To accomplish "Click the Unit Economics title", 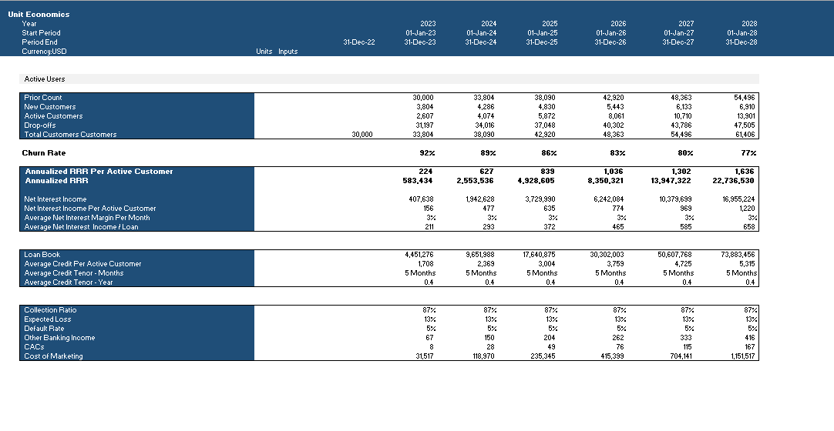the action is tap(39, 15).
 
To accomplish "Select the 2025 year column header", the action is tap(550, 23).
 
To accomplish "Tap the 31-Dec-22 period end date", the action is tap(359, 42).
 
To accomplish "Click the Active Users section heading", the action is tap(45, 79).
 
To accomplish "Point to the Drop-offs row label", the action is tap(40, 125).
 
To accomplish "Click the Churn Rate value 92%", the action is tap(427, 153).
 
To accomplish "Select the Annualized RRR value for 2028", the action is tap(733, 180).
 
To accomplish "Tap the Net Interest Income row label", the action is tap(55, 199).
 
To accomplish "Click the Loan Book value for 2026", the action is tap(607, 255).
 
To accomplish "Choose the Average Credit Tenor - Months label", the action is tap(74, 272).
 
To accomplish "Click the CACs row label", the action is tap(34, 347).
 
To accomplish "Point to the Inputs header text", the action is tap(288, 52).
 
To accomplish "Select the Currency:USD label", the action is tap(44, 52).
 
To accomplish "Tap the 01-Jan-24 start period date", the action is tap(481, 33).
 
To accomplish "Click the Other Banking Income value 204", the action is tap(550, 338).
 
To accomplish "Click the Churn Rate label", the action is tap(44, 153).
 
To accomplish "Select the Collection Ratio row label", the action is tap(50, 310).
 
